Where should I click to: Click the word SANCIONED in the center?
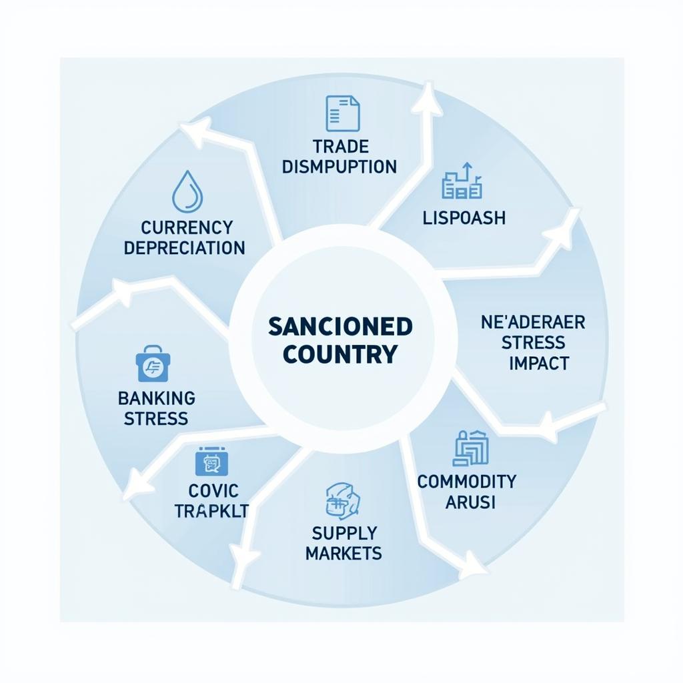pos(340,326)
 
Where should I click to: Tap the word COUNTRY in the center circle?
pos(340,354)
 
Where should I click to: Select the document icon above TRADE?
pos(342,113)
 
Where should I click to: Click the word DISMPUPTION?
pos(339,167)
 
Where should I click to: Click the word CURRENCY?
pos(187,227)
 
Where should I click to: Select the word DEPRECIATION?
pos(184,248)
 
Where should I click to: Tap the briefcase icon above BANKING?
pos(153,364)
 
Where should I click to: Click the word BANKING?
pos(157,398)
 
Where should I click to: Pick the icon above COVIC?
pos(211,462)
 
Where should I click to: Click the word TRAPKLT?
pos(211,511)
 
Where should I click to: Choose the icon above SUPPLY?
pos(343,501)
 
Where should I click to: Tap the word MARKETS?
pos(344,553)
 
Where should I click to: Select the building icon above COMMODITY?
pos(470,448)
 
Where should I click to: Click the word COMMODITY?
pos(467,481)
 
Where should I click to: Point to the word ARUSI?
pos(470,502)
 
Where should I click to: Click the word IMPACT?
pos(538,364)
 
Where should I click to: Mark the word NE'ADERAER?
pos(533,323)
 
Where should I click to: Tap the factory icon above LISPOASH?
pos(462,183)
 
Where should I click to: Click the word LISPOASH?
pos(464,217)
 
